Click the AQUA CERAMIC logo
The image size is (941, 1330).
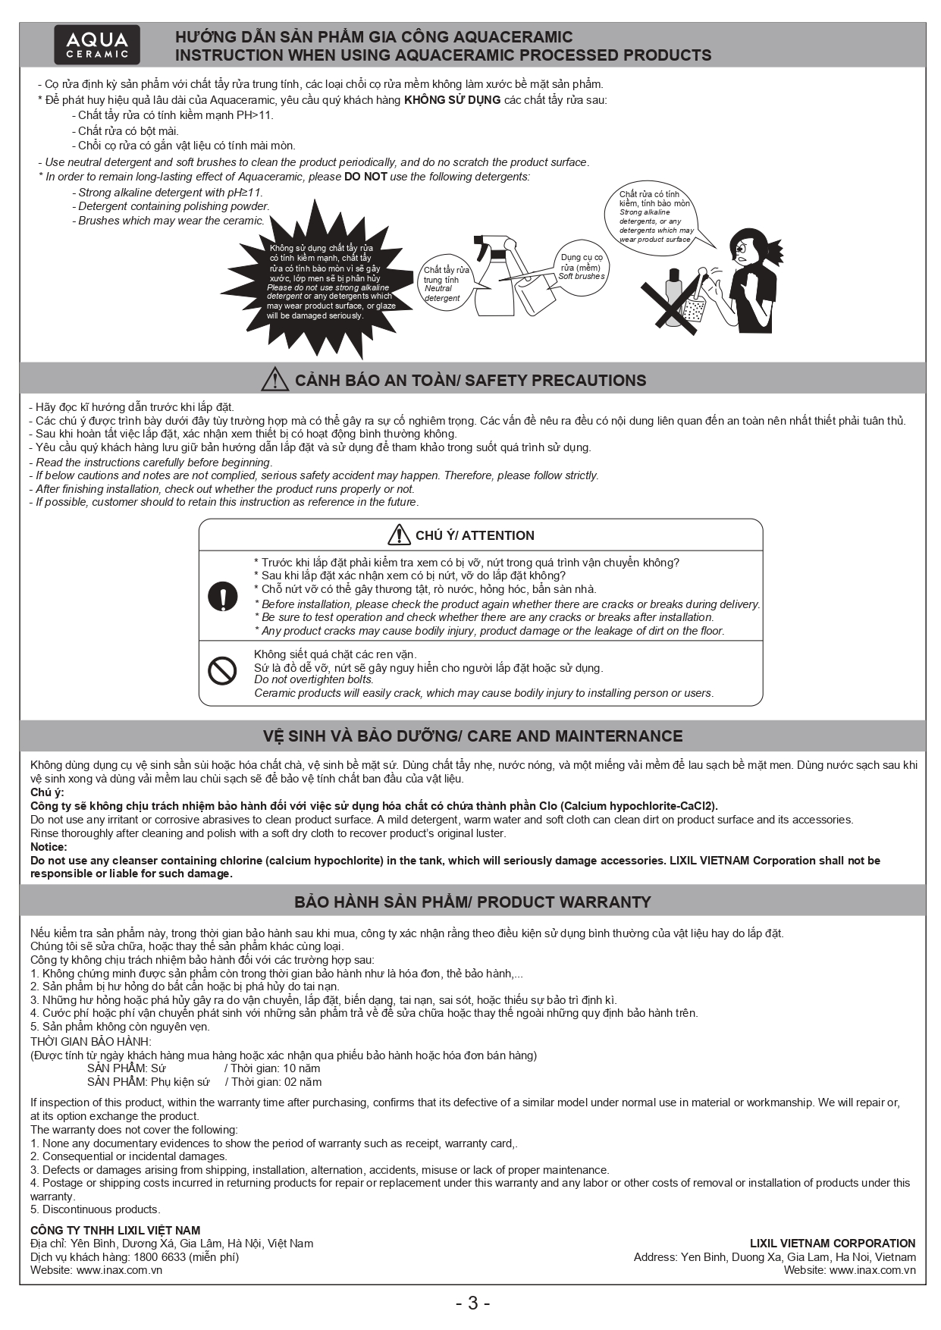[x=97, y=45]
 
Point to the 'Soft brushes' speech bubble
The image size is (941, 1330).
[x=582, y=266]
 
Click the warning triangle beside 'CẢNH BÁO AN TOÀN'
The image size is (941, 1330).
[x=274, y=379]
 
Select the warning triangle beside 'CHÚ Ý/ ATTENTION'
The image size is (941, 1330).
[x=399, y=535]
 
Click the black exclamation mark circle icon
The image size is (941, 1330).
[x=222, y=597]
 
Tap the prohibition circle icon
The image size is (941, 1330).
[x=222, y=670]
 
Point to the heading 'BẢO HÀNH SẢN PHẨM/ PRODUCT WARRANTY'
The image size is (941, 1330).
[x=472, y=902]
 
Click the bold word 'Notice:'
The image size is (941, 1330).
[x=49, y=847]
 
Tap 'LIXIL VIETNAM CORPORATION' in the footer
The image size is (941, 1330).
[x=832, y=1243]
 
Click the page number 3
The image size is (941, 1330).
[x=472, y=1303]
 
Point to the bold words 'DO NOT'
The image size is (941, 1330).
[x=365, y=177]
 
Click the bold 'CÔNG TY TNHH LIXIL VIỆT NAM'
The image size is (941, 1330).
[x=115, y=1230]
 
